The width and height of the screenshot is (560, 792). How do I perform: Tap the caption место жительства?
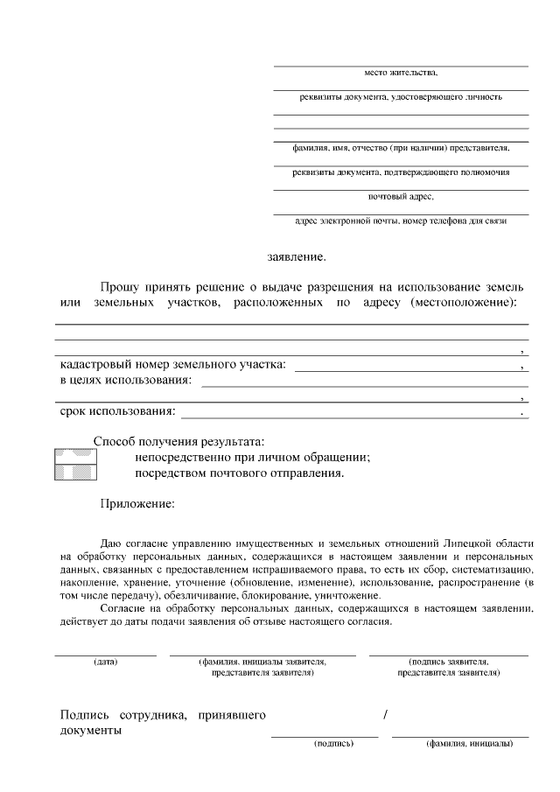coord(401,73)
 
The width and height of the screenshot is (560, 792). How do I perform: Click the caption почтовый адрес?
coord(401,196)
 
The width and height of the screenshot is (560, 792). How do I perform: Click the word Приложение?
coord(137,504)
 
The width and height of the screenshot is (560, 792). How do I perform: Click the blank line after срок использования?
coord(350,412)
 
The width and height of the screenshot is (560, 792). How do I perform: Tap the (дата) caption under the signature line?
coord(106,662)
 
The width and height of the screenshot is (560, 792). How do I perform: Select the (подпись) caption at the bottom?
coord(333,744)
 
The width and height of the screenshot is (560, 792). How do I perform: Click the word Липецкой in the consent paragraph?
coord(462,543)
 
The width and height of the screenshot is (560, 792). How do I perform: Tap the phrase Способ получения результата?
coord(178,442)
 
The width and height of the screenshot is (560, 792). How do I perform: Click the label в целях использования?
coord(125,380)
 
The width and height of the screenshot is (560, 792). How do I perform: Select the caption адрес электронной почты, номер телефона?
coord(401,221)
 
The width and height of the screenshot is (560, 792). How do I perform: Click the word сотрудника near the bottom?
coord(155,716)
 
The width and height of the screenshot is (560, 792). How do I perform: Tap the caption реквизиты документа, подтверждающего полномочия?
coord(401,172)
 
